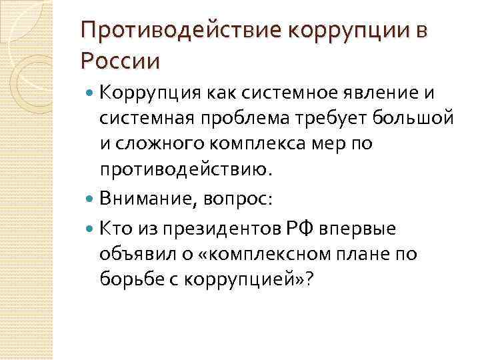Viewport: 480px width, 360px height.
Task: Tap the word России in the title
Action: point(120,61)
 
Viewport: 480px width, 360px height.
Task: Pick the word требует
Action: point(338,118)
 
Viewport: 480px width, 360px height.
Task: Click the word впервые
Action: point(361,229)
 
